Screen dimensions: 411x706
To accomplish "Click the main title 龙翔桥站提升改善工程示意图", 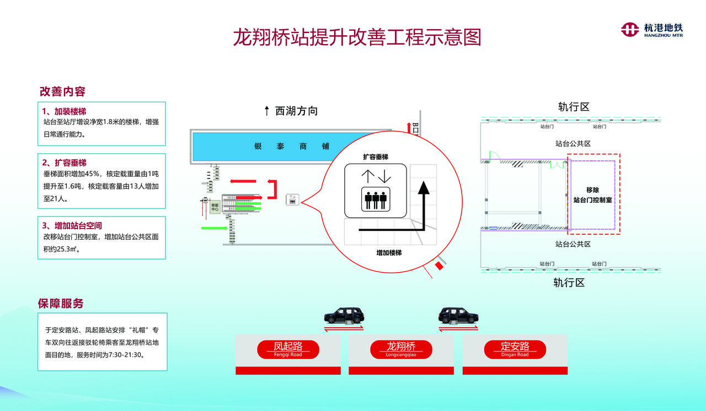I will [357, 37].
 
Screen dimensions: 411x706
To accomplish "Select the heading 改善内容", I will [62, 91].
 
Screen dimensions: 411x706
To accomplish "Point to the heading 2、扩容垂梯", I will [65, 163].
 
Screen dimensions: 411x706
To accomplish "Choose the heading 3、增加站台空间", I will [72, 225].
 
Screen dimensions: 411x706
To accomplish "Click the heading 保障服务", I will [61, 304].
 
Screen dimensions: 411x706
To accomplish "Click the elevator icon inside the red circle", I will [375, 191].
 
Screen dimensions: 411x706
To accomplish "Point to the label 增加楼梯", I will [389, 252].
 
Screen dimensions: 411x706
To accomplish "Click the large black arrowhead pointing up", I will [423, 188].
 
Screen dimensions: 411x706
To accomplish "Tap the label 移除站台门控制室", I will [592, 195].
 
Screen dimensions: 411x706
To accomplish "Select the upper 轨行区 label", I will [574, 107].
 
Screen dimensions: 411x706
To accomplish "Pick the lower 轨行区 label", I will [569, 283].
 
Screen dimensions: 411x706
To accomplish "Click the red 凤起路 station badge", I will [288, 348].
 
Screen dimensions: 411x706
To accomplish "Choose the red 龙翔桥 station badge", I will [401, 348].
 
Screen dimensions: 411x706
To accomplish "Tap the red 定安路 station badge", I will [515, 348].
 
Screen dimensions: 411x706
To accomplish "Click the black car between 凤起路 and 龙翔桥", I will [344, 316].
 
